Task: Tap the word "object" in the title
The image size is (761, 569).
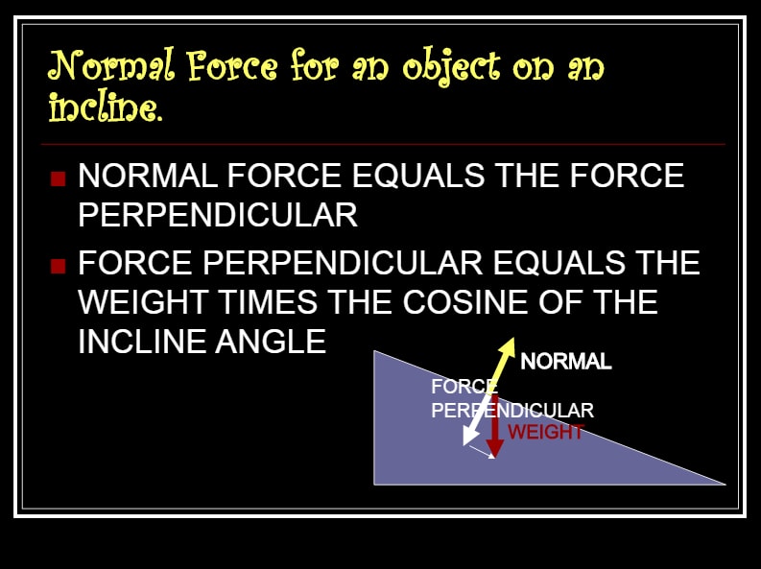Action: tap(451, 67)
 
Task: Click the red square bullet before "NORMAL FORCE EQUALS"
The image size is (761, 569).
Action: tap(58, 178)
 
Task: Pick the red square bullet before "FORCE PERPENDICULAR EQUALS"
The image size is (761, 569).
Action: tap(58, 266)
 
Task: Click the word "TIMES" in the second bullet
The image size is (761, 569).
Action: tap(269, 301)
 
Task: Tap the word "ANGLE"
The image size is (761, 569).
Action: tap(271, 342)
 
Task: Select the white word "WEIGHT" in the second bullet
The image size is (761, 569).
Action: tap(143, 301)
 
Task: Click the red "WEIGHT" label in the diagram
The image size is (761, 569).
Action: tap(546, 432)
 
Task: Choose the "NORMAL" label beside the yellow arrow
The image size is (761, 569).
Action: tap(566, 362)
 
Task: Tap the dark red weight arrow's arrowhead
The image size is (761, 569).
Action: tap(494, 449)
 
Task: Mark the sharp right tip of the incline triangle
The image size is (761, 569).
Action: tap(725, 484)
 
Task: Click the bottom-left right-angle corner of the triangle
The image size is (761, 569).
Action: tap(374, 485)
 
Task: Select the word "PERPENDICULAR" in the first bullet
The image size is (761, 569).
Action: tap(218, 214)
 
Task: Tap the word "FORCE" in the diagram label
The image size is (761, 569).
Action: tap(464, 387)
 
